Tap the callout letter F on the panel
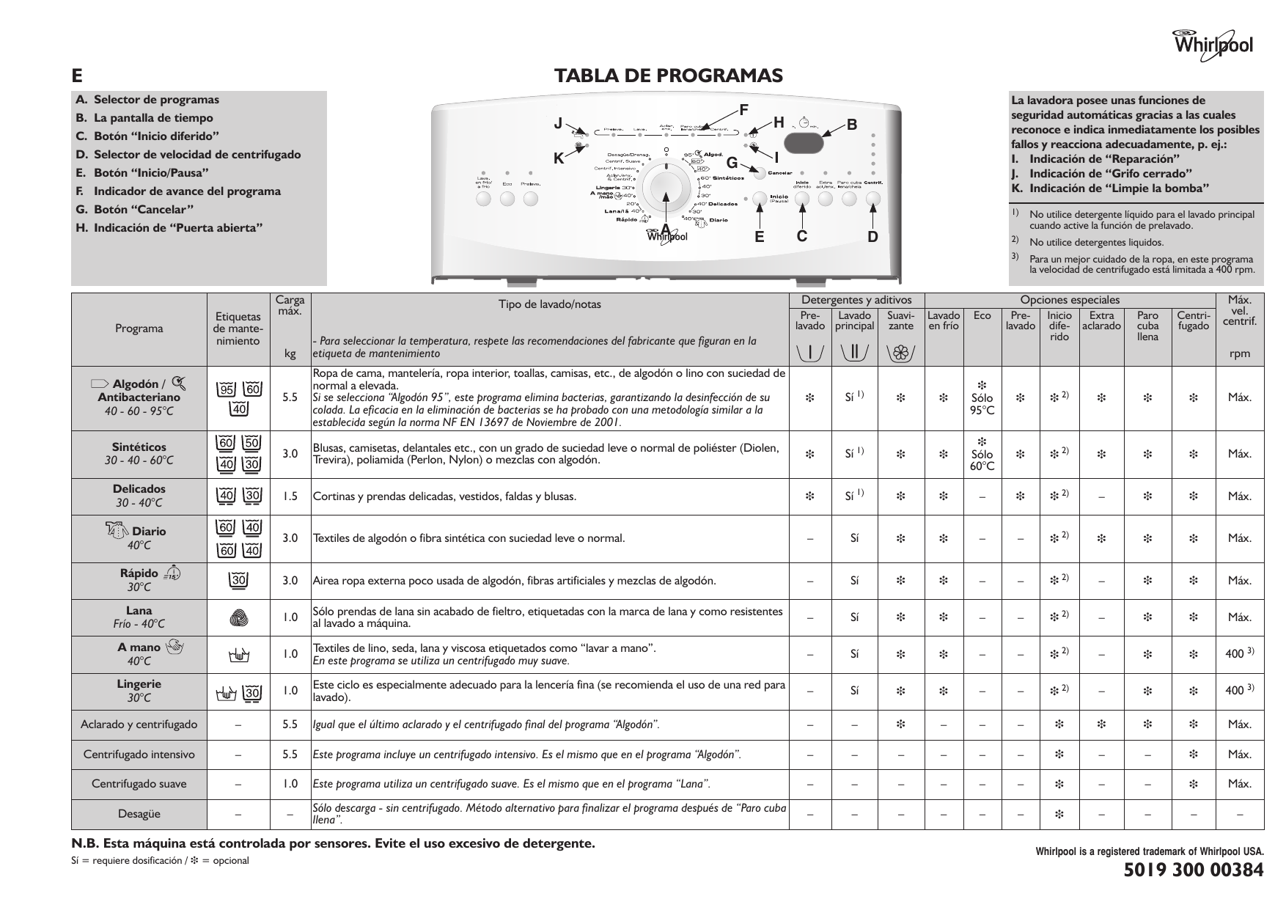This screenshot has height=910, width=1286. pos(743,110)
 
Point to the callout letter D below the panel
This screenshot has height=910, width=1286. pos(872,236)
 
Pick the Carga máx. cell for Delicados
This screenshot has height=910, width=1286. pos(290,496)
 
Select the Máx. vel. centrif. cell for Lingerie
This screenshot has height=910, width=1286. pos(1239,690)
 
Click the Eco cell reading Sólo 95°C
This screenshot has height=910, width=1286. pos(982,398)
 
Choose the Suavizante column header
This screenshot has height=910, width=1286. pos(900,320)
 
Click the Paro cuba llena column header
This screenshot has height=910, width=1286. pos(1147,326)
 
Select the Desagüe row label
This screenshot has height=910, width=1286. pos(139,814)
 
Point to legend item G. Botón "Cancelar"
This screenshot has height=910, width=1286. pos(135,209)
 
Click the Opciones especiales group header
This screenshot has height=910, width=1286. pos(1070,299)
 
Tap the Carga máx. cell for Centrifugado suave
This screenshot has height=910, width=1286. pos(290,784)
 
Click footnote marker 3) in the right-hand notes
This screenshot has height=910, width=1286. pos(1015,256)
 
